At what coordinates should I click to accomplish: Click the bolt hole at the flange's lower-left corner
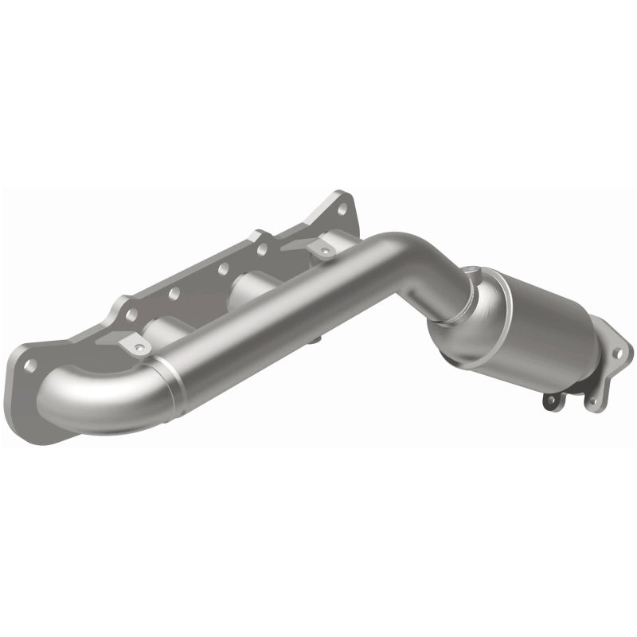click(33, 365)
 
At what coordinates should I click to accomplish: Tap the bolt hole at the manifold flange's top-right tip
click(342, 209)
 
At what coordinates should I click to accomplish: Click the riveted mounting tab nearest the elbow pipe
click(136, 344)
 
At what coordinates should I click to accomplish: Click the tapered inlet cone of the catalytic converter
click(462, 315)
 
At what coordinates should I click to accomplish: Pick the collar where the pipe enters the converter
click(440, 318)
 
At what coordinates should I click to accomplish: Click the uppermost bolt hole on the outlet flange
click(620, 347)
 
